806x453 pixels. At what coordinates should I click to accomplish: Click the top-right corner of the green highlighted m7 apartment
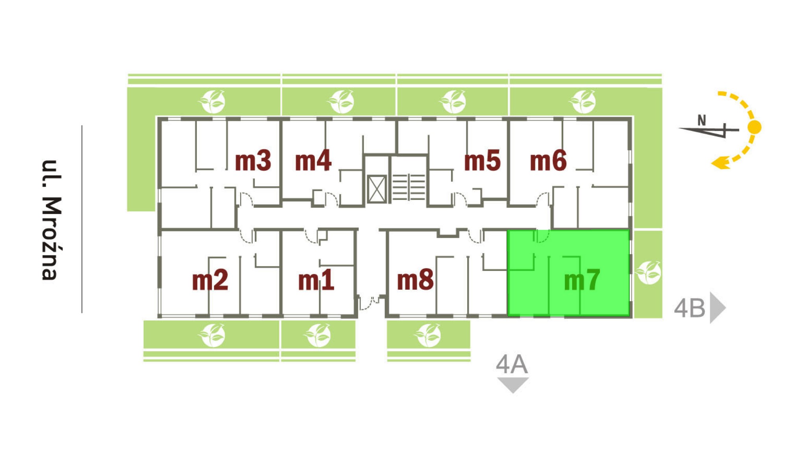(629, 230)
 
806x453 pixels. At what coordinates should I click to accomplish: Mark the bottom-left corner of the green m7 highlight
(507, 316)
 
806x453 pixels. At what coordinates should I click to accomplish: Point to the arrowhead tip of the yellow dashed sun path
(711, 163)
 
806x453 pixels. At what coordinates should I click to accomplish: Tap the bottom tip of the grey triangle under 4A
(513, 393)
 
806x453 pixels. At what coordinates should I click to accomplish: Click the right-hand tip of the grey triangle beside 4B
(726, 307)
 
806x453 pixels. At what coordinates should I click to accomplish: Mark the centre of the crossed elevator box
(377, 189)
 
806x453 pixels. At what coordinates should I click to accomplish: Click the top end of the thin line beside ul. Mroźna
(82, 126)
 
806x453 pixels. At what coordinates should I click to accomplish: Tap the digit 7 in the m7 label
(591, 279)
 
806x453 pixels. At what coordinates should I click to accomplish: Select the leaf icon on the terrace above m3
(212, 102)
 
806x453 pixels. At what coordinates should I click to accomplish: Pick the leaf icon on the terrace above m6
(583, 102)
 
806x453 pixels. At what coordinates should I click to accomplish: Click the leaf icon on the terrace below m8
(428, 335)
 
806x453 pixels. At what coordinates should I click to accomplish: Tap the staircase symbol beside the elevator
(409, 187)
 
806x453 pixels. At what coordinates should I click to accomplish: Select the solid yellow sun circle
(754, 127)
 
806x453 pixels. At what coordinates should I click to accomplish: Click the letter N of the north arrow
(702, 120)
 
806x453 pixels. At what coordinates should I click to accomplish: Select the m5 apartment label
(482, 161)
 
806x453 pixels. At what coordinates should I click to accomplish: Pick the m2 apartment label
(210, 280)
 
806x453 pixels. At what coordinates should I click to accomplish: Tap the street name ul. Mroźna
(51, 220)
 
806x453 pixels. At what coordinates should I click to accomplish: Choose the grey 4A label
(512, 364)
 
